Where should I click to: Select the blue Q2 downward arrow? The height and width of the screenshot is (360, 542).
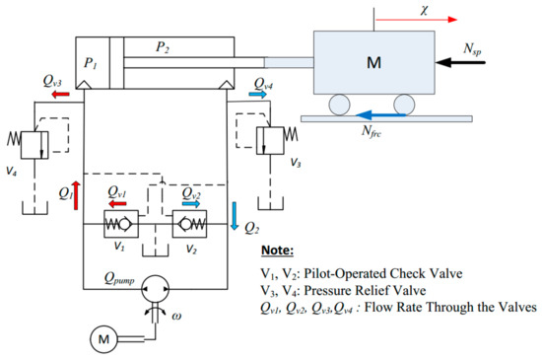coord(236,215)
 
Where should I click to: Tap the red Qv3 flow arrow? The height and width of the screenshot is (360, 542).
coord(61,95)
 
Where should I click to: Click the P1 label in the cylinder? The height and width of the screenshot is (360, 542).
coord(91,64)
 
